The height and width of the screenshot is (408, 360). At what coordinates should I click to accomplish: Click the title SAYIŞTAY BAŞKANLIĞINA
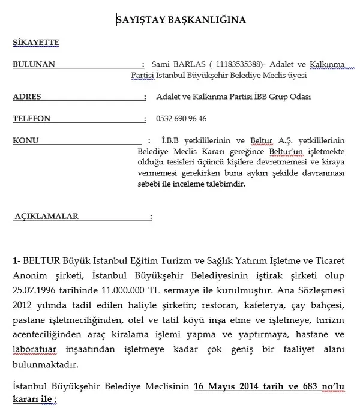click(x=181, y=20)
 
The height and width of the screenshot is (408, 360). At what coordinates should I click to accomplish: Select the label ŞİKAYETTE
click(x=35, y=43)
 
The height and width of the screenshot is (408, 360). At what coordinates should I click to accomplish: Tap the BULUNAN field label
click(x=34, y=64)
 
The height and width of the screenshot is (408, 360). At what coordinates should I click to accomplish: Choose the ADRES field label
click(x=27, y=97)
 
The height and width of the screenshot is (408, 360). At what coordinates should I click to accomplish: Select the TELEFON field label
click(x=32, y=119)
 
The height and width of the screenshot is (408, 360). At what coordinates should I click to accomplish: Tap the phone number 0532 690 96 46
click(x=181, y=119)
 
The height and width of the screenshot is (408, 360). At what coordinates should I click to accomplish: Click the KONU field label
click(x=26, y=140)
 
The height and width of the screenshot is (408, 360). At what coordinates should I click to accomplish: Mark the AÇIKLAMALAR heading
click(x=47, y=216)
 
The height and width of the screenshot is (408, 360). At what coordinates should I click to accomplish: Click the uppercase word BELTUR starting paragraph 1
click(x=42, y=262)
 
